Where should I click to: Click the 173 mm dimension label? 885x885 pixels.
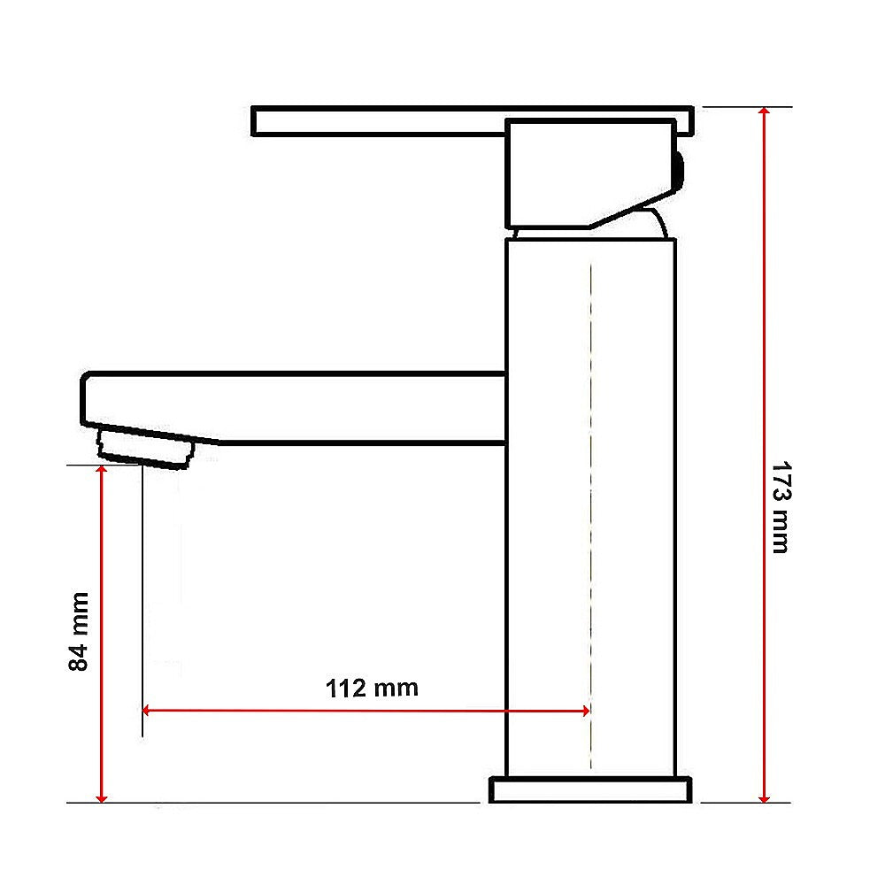(779, 507)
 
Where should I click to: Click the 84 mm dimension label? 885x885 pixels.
(80, 630)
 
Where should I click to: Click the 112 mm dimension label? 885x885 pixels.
(372, 688)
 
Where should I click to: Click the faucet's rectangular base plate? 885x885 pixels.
(590, 789)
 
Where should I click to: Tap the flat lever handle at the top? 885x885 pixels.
(381, 121)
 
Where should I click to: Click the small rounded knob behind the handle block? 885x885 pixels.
(678, 169)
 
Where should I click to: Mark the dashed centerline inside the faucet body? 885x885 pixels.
(589, 513)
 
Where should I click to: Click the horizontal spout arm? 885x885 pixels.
(354, 407)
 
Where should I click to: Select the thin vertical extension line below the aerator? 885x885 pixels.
(142, 602)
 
